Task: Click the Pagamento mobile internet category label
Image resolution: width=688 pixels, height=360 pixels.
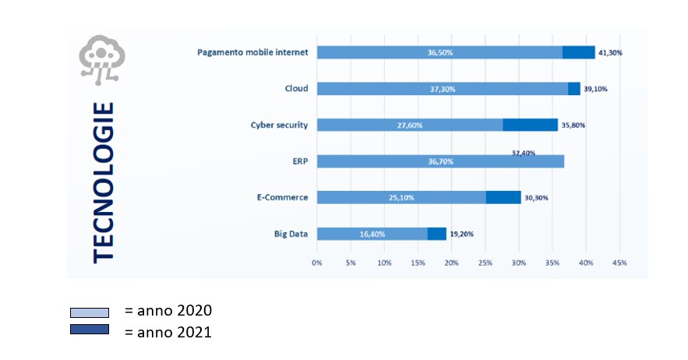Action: point(253,52)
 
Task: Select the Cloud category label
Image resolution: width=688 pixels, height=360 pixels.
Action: point(296,89)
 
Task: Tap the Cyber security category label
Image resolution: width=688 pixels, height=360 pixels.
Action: point(279,125)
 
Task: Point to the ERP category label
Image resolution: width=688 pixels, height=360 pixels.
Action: point(300,161)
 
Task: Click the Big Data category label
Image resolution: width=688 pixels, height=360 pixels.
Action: point(291,234)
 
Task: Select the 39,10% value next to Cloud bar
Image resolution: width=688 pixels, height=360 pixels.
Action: point(595,89)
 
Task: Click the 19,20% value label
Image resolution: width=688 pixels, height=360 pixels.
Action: point(461,234)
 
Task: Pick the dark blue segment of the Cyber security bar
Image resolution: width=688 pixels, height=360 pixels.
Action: point(530,125)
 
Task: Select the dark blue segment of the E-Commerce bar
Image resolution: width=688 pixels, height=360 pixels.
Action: point(503,197)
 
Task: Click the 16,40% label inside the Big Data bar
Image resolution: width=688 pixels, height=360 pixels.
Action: point(372,234)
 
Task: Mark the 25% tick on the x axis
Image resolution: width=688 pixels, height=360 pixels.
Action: point(485,263)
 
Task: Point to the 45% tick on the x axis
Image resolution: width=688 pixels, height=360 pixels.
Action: point(620,263)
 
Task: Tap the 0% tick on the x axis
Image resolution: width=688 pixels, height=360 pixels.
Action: point(317,263)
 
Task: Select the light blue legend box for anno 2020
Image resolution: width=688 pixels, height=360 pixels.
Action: point(89,312)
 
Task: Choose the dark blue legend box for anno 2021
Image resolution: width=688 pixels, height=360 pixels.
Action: point(89,330)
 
